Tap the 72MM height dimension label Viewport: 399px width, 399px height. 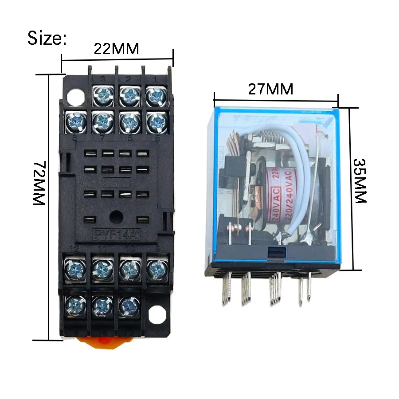tap(39, 183)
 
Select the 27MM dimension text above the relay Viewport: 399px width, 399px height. tap(270, 89)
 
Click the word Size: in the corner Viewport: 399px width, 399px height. tap(47, 38)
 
